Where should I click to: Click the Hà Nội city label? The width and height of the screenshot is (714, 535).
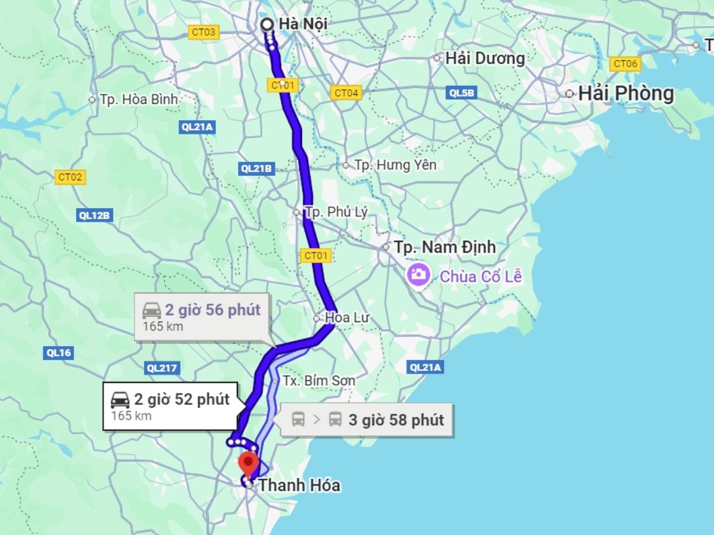coord(303,24)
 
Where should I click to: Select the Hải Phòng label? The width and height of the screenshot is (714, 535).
coord(626,94)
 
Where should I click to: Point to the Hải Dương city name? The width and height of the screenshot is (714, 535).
coord(484,58)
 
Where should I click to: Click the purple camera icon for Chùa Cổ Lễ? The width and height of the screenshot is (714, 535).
coord(419,274)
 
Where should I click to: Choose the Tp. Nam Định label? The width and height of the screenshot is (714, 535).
coord(444,247)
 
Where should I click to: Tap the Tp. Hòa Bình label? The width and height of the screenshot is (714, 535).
coord(139,99)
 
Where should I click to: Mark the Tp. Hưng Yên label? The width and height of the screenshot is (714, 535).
coord(395,165)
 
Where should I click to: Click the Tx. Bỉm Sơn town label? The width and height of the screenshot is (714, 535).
coord(318,380)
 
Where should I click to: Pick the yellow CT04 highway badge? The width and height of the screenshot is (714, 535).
coord(346,93)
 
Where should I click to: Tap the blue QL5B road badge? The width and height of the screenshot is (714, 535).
coord(462,92)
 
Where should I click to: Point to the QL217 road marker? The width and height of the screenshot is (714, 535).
coord(161,368)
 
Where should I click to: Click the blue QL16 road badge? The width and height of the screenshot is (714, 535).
coord(58,353)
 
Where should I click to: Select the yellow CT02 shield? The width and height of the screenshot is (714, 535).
coord(70,177)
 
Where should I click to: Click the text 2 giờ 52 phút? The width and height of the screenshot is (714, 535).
coord(181,399)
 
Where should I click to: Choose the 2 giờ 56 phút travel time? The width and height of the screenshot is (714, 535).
coord(212,310)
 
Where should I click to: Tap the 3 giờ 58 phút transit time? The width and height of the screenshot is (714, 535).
coord(396,420)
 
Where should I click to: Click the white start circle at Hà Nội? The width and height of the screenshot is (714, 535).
coord(267,24)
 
